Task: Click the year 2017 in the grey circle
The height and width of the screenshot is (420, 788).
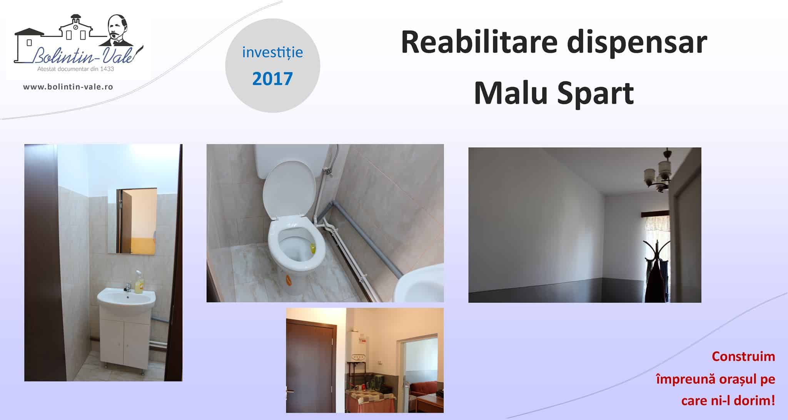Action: point(272,78)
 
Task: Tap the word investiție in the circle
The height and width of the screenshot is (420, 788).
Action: point(272,52)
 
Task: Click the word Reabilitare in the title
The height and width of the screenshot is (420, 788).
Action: point(479,42)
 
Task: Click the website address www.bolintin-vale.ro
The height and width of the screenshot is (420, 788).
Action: point(68,87)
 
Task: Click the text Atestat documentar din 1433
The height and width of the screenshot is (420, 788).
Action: point(75,69)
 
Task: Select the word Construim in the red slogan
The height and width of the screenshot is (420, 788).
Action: point(743,357)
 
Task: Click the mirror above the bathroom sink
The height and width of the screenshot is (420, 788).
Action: point(132,221)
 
